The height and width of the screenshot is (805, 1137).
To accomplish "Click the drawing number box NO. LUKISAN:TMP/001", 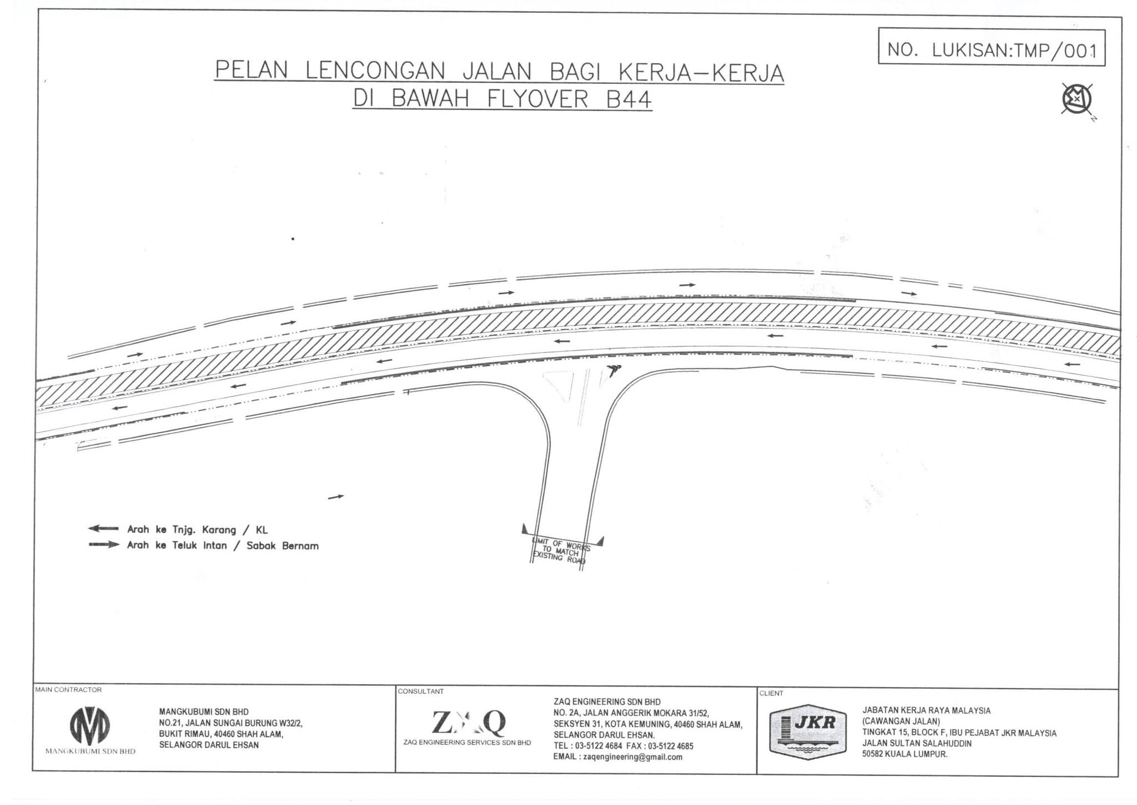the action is point(991,48).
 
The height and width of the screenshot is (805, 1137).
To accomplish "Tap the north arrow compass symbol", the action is point(1077,100).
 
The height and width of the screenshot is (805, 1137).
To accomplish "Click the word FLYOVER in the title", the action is point(537,99).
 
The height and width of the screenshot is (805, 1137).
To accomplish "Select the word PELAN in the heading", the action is point(251,71).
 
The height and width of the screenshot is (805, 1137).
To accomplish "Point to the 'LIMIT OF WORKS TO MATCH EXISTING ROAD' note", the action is point(561,551).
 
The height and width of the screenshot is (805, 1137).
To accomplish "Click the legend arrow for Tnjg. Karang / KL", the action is point(103,528).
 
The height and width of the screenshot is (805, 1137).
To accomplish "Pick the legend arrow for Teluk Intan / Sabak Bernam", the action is point(104,545).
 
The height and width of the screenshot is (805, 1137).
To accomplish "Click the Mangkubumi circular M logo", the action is point(89,726).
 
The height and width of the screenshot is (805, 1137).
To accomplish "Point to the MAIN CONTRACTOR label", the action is point(68,689).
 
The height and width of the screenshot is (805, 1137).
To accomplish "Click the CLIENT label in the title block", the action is point(771,693).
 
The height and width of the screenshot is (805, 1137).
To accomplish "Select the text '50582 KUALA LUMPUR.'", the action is point(905,754).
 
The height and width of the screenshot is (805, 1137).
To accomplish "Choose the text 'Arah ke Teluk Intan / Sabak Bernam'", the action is point(223,546).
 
